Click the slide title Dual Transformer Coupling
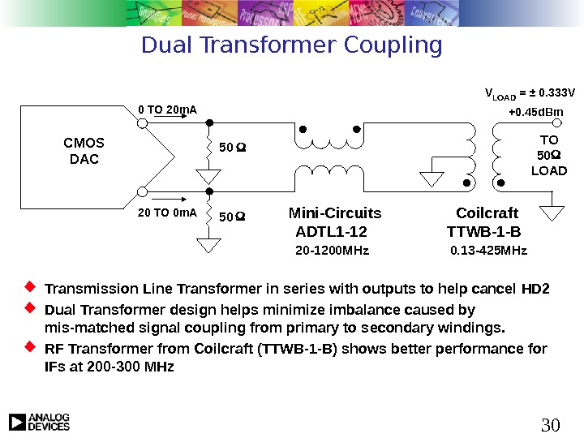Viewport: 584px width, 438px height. click(292, 45)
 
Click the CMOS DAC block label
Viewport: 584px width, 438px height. click(84, 152)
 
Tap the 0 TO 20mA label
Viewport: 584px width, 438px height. click(167, 110)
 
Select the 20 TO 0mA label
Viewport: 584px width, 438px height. click(167, 213)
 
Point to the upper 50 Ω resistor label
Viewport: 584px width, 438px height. click(233, 148)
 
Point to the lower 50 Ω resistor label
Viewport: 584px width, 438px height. click(233, 217)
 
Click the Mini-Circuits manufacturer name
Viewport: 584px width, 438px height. click(335, 214)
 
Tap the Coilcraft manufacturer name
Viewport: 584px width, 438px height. click(487, 214)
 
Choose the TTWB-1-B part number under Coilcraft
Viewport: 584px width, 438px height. click(484, 232)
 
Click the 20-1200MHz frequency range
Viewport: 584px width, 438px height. click(332, 251)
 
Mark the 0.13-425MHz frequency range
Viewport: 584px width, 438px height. click(488, 251)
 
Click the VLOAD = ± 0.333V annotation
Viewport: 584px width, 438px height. click(530, 92)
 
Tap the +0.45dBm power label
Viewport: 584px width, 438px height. click(536, 111)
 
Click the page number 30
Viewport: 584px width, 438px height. click(551, 423)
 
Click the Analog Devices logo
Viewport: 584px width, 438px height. click(40, 422)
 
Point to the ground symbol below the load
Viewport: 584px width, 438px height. click(552, 213)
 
